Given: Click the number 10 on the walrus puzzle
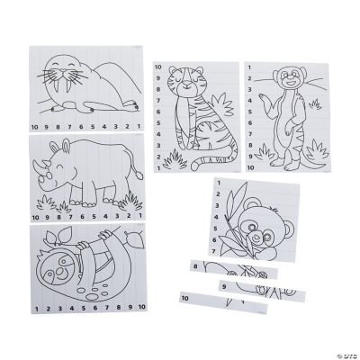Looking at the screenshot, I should (x=35, y=125).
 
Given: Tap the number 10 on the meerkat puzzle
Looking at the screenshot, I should (x=252, y=167).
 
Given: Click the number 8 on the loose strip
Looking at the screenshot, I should (x=195, y=265).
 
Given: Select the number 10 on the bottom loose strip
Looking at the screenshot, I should (x=184, y=298).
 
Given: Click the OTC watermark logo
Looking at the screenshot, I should (x=340, y=343).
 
